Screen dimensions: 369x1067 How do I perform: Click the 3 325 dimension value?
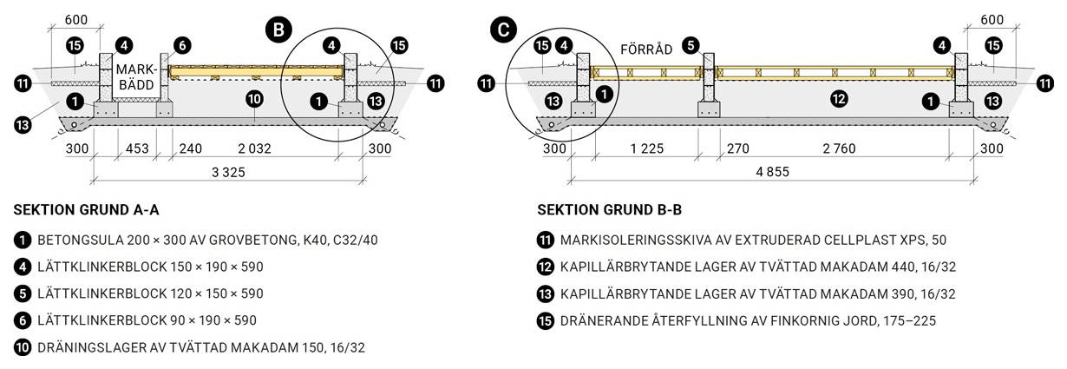(x=228, y=172)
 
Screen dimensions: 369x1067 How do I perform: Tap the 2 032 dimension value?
(x=252, y=148)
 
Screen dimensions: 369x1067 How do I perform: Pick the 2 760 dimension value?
(x=838, y=148)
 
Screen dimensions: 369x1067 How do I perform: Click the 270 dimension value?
(x=737, y=148)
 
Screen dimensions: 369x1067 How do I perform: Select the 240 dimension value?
(x=190, y=148)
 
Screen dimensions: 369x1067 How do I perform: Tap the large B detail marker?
(x=278, y=30)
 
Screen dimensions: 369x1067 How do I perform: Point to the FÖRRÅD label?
(x=646, y=49)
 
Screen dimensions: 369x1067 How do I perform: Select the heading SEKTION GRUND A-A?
(x=87, y=209)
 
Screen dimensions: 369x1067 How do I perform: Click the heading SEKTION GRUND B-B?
(x=610, y=209)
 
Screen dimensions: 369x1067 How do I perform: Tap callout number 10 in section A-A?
(x=254, y=99)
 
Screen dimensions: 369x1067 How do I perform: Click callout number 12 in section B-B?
(x=838, y=99)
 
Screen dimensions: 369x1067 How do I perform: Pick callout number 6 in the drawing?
(x=181, y=45)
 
